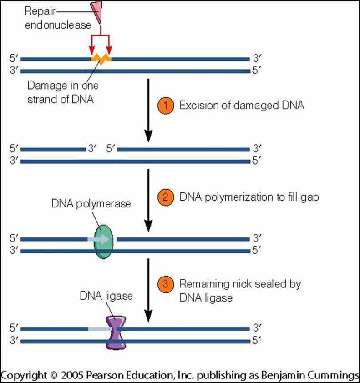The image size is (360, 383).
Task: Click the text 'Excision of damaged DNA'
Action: point(241,106)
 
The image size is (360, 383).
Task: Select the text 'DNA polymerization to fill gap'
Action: point(249,197)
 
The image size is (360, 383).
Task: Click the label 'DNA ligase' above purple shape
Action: point(106,297)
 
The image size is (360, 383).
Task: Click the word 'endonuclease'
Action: point(59,25)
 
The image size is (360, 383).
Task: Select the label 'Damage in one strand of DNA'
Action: point(63,93)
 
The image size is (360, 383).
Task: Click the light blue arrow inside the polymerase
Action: point(100,239)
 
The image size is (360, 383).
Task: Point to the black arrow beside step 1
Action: point(148,109)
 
